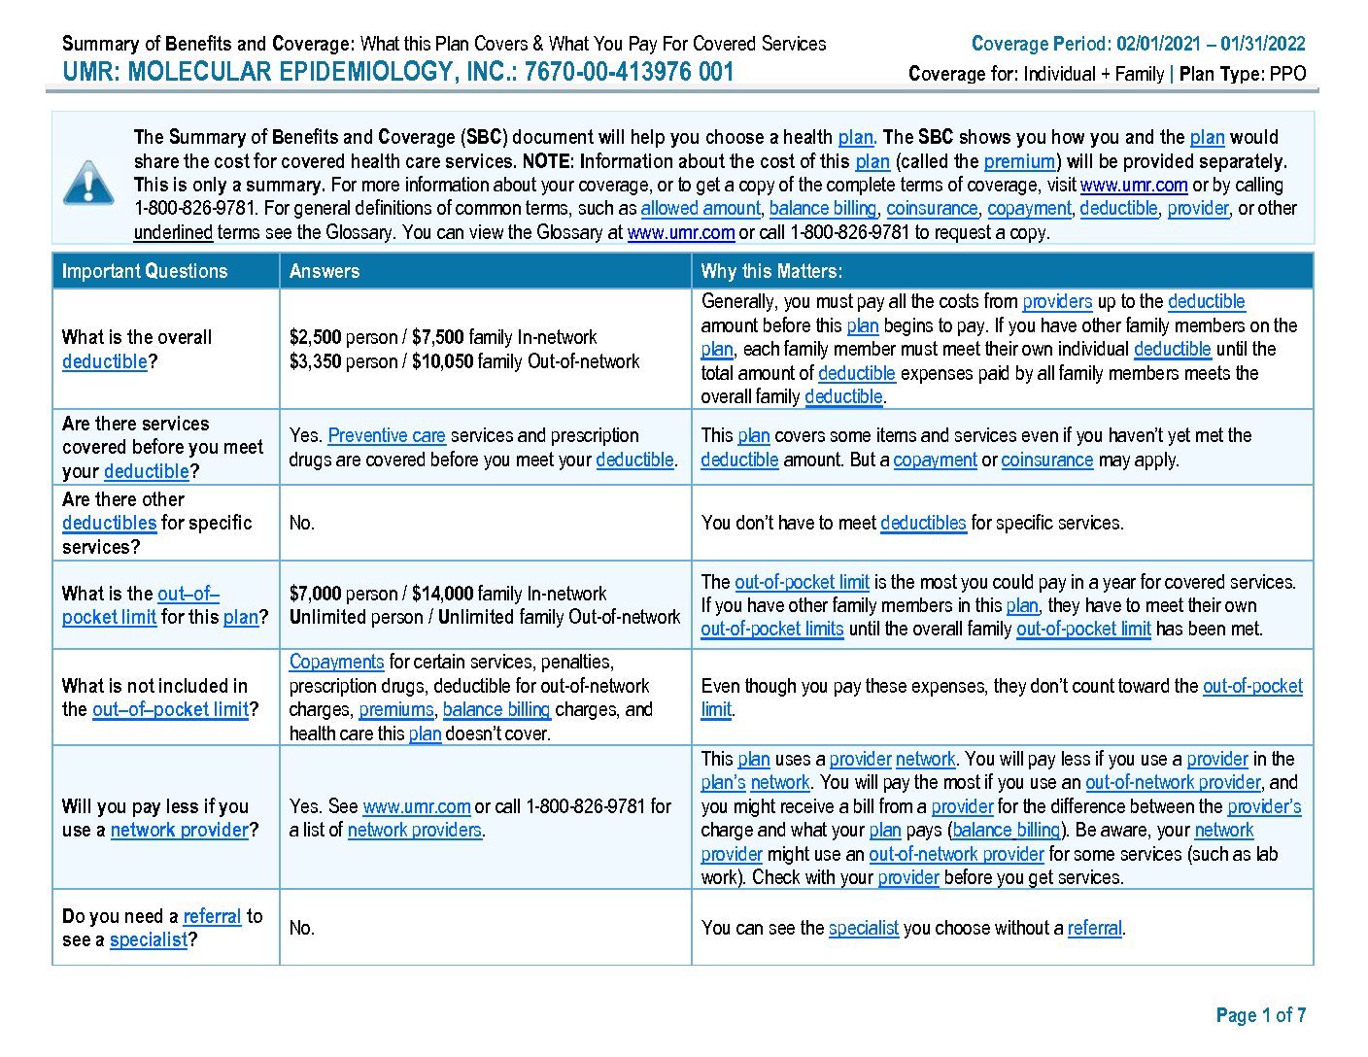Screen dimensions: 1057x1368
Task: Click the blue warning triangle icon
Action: (x=88, y=184)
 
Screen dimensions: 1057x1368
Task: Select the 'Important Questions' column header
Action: (x=145, y=271)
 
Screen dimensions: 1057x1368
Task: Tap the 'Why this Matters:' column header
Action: (x=771, y=271)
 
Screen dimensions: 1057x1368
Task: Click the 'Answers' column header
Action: (x=325, y=271)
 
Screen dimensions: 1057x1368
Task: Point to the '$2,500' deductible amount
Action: (x=315, y=337)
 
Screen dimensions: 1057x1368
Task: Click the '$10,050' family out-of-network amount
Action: (x=438, y=361)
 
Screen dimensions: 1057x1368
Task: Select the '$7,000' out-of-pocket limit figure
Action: (x=315, y=594)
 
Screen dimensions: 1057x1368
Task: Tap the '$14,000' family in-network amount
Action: (x=442, y=594)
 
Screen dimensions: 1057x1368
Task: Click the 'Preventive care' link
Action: (x=387, y=435)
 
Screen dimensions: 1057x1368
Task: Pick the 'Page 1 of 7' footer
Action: (x=1260, y=1015)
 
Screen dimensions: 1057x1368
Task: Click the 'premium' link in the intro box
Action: (x=1019, y=161)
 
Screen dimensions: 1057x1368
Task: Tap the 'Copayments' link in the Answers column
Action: (x=336, y=662)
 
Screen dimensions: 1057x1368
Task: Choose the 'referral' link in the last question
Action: (x=212, y=916)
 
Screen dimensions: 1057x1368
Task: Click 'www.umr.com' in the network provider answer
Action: (x=416, y=806)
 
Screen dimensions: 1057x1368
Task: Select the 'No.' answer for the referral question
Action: (x=302, y=928)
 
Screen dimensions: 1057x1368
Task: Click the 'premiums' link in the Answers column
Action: (x=395, y=709)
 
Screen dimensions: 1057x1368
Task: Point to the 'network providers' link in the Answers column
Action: (x=415, y=830)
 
